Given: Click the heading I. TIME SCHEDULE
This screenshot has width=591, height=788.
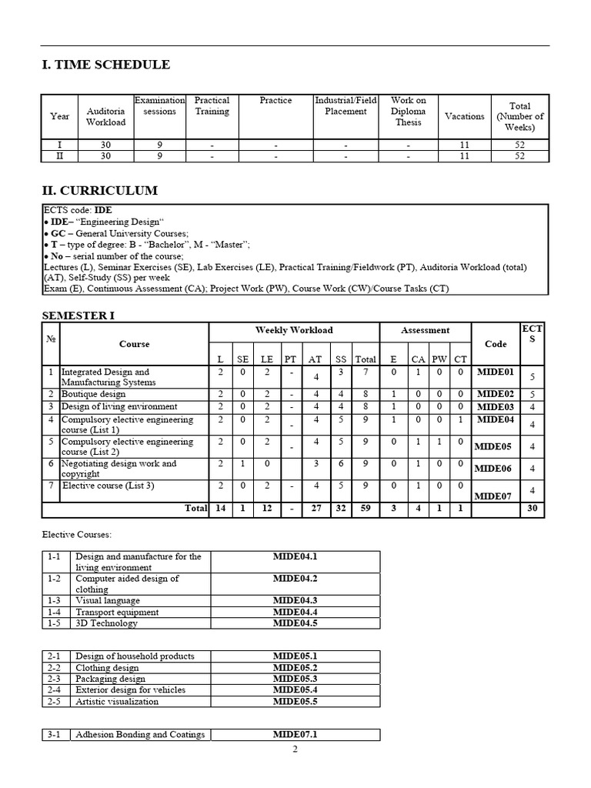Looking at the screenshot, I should (x=105, y=65).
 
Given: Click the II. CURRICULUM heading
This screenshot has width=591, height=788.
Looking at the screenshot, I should (x=99, y=190).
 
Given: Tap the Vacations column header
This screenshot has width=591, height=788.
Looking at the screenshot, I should (x=464, y=116).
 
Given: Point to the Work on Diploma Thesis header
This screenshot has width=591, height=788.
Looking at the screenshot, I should (x=408, y=112).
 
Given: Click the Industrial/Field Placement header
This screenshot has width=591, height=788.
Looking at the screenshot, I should (x=346, y=105).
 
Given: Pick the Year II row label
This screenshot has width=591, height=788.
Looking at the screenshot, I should (x=59, y=155).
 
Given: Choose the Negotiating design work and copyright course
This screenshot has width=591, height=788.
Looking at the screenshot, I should (x=119, y=469).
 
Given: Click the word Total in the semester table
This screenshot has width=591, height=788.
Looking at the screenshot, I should (x=195, y=509).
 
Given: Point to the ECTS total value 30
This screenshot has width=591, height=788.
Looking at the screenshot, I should (x=532, y=509).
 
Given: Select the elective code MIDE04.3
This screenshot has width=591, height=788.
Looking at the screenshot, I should (x=295, y=601).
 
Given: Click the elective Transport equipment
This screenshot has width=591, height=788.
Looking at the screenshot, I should (x=117, y=612).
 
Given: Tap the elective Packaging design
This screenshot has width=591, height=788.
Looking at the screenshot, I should (x=110, y=679).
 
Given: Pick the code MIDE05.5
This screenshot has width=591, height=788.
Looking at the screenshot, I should (x=295, y=701).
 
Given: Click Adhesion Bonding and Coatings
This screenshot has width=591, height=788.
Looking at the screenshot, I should (x=140, y=735).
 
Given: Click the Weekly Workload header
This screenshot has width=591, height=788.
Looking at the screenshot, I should (x=294, y=330).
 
